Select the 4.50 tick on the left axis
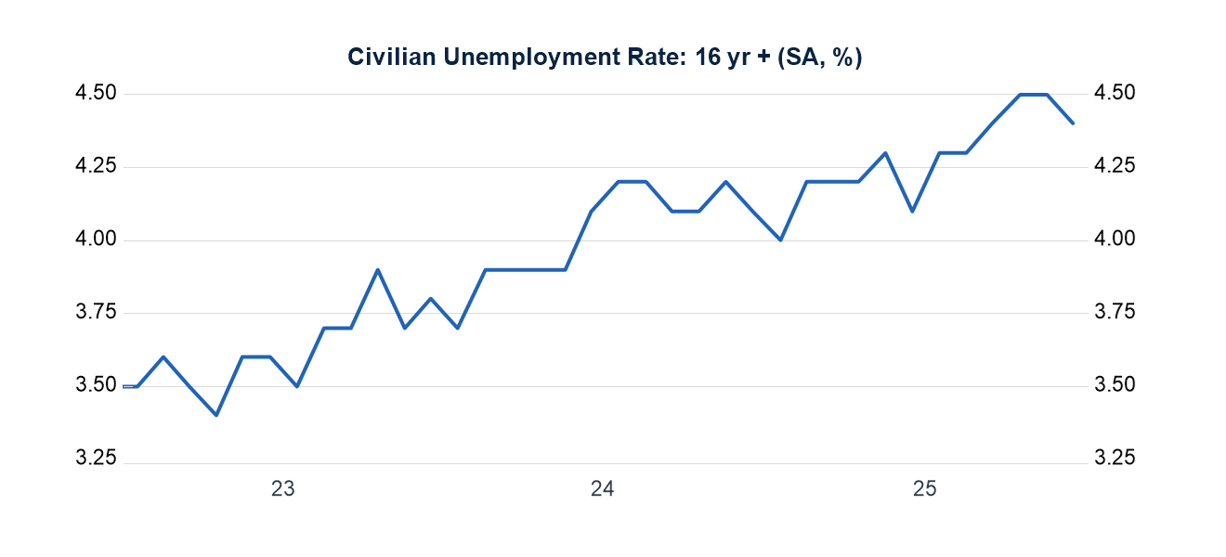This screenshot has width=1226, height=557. click(96, 93)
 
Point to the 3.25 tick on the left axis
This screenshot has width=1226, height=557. click(96, 460)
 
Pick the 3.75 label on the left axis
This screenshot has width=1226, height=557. click(96, 313)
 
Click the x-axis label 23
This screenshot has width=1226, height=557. click(282, 489)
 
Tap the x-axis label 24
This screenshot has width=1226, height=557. click(602, 489)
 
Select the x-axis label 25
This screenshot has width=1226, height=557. click(923, 489)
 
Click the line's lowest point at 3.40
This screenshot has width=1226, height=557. click(216, 415)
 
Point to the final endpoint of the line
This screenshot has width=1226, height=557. click(1073, 123)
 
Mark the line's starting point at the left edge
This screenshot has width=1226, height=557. click(124, 386)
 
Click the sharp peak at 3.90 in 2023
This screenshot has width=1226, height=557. click(377, 269)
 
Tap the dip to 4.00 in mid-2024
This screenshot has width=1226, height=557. click(780, 240)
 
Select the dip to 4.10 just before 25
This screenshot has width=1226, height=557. click(913, 211)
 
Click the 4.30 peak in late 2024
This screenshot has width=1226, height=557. click(885, 152)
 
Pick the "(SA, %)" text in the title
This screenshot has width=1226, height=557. click(820, 58)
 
